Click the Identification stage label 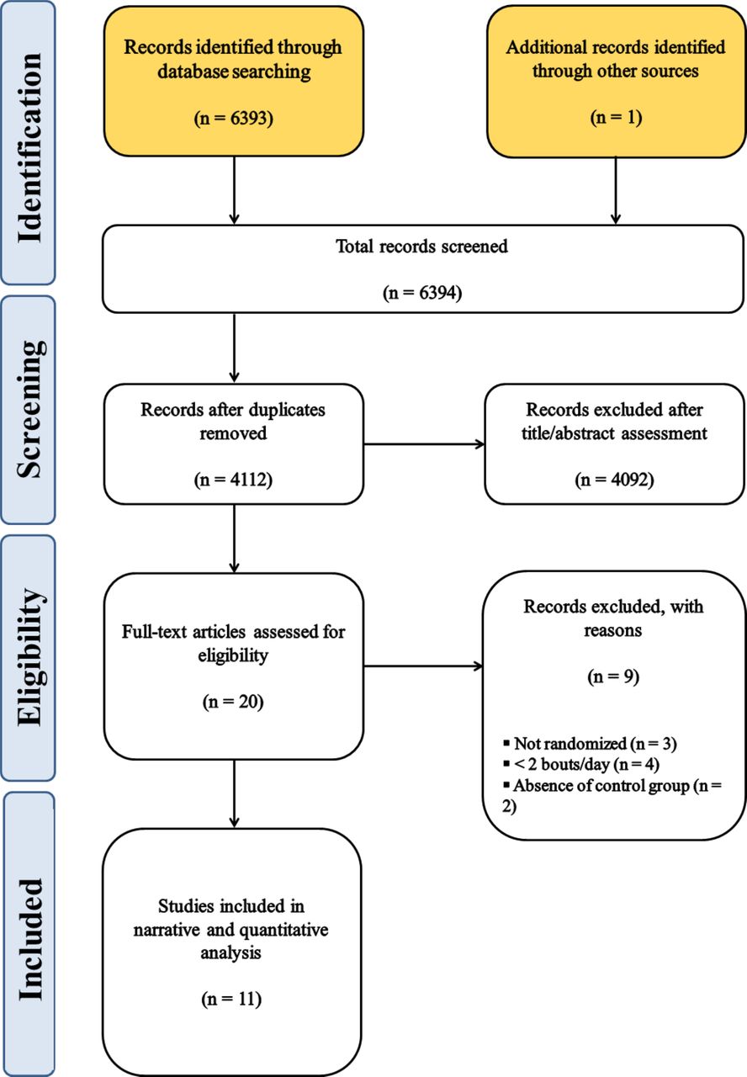(29, 147)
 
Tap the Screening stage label (31, 409)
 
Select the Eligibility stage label (32, 657)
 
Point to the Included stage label (29, 939)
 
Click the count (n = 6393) (234, 118)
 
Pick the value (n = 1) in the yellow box (616, 118)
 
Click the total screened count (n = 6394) (422, 292)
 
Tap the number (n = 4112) (233, 480)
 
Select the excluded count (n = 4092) (614, 480)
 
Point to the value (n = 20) (233, 702)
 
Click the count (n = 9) (613, 676)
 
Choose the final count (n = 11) (231, 999)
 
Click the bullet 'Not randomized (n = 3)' (591, 744)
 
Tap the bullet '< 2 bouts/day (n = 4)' (581, 765)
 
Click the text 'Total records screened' (421, 247)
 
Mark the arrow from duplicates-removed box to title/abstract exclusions (424, 444)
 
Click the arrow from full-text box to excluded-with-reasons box (423, 666)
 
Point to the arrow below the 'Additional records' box (615, 190)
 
